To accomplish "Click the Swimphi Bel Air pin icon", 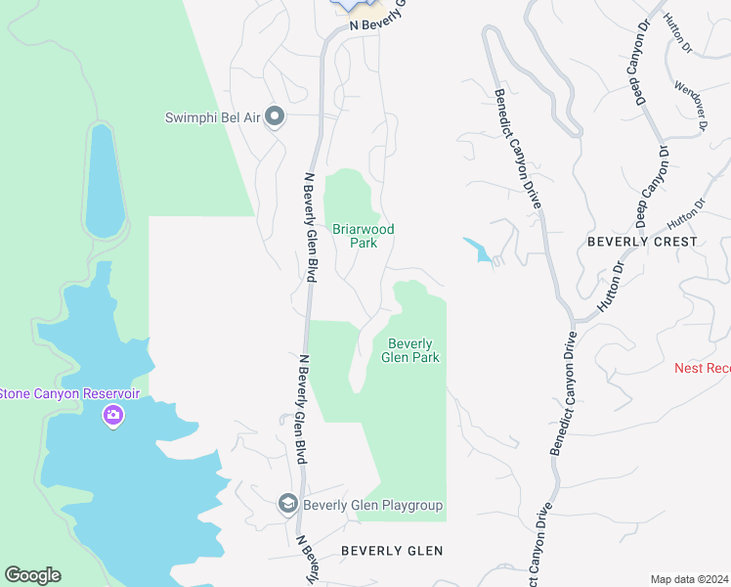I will (275, 117).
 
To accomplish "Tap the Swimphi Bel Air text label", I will (212, 117).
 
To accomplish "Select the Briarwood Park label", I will (363, 236).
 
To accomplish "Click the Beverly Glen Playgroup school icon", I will (288, 505).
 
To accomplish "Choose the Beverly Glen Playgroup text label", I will (373, 506).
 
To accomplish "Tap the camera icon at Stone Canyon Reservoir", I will (113, 416).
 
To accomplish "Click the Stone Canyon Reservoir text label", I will (69, 393).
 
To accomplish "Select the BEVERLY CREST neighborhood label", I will (642, 241).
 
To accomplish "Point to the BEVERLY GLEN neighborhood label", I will (392, 551).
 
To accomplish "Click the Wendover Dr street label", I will (689, 106).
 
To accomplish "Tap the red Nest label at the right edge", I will (703, 368).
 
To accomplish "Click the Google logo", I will (32, 575).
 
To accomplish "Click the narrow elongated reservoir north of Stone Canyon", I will (103, 181).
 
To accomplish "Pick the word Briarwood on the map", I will (363, 229).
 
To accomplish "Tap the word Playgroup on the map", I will (410, 506).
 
